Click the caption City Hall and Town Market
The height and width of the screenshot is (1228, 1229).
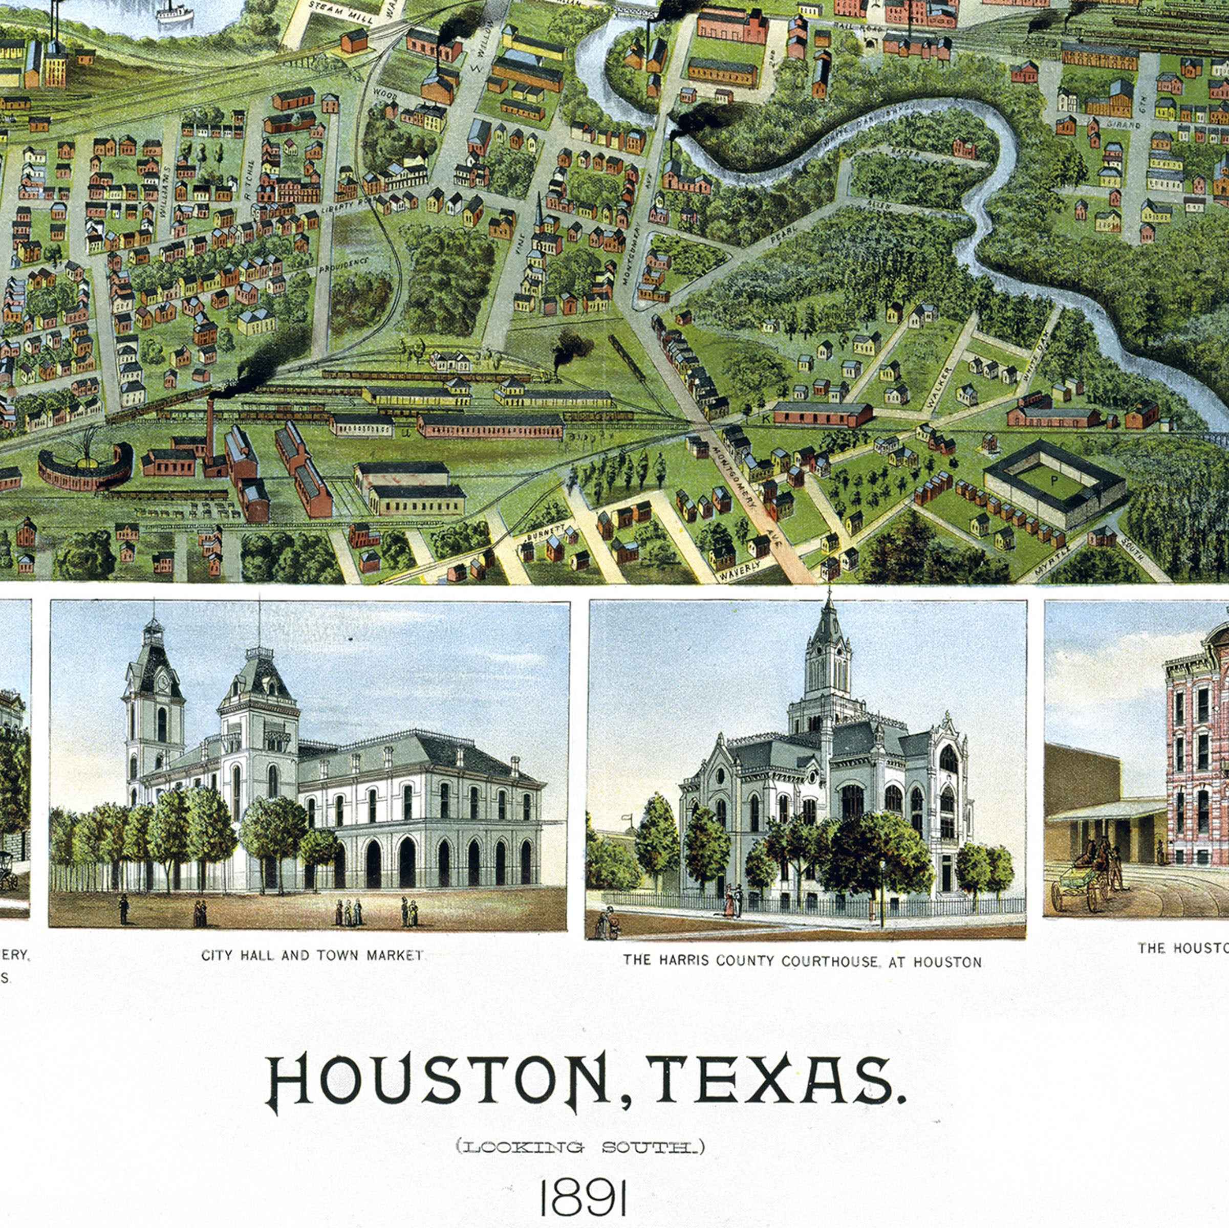(x=312, y=956)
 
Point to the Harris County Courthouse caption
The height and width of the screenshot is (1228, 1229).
(x=802, y=961)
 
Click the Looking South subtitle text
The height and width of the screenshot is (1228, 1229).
(x=580, y=1147)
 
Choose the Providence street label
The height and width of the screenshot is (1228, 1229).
(x=343, y=265)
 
